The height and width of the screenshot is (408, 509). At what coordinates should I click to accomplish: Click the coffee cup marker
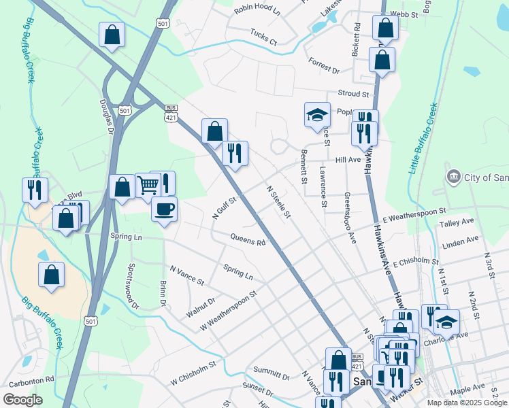click(x=164, y=209)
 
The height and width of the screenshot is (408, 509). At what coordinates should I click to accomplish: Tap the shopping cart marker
click(x=148, y=185)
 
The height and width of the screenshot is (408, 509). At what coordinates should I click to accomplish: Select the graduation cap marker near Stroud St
click(x=316, y=116)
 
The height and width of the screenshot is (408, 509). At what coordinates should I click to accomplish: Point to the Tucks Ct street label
click(x=263, y=37)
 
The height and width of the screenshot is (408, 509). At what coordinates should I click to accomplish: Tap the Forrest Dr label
click(x=324, y=65)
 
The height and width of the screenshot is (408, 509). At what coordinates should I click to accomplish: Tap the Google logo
click(x=22, y=400)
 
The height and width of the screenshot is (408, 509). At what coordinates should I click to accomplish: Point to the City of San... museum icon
click(x=453, y=177)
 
